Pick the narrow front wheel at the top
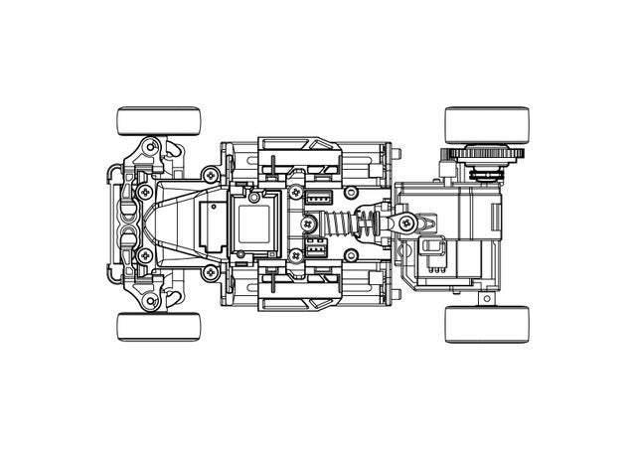159,122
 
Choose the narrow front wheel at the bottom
159,326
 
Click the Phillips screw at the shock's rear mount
405,225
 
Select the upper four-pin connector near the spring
319,197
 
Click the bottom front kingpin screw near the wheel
151,299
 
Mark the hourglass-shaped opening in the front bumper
128,224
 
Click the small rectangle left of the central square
212,224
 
